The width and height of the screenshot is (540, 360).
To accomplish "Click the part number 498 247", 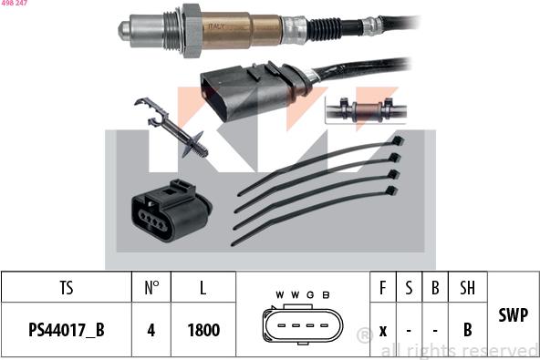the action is [x=14, y=5].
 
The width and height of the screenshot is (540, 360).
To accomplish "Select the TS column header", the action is [x=66, y=289].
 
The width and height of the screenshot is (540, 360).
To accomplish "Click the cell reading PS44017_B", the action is [x=66, y=329].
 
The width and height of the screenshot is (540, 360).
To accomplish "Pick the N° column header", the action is [x=151, y=289].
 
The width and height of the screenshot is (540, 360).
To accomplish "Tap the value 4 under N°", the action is [x=151, y=329].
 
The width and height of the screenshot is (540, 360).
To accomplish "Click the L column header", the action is [x=202, y=289].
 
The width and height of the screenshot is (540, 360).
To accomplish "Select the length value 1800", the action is [x=202, y=329].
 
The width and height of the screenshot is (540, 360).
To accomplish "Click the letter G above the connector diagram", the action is [x=310, y=295].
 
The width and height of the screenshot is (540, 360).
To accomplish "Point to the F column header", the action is [x=383, y=289].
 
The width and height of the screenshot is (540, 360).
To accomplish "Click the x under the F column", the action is [x=383, y=329].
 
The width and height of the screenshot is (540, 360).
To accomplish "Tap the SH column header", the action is [x=467, y=289].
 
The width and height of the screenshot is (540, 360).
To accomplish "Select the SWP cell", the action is [x=514, y=314].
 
